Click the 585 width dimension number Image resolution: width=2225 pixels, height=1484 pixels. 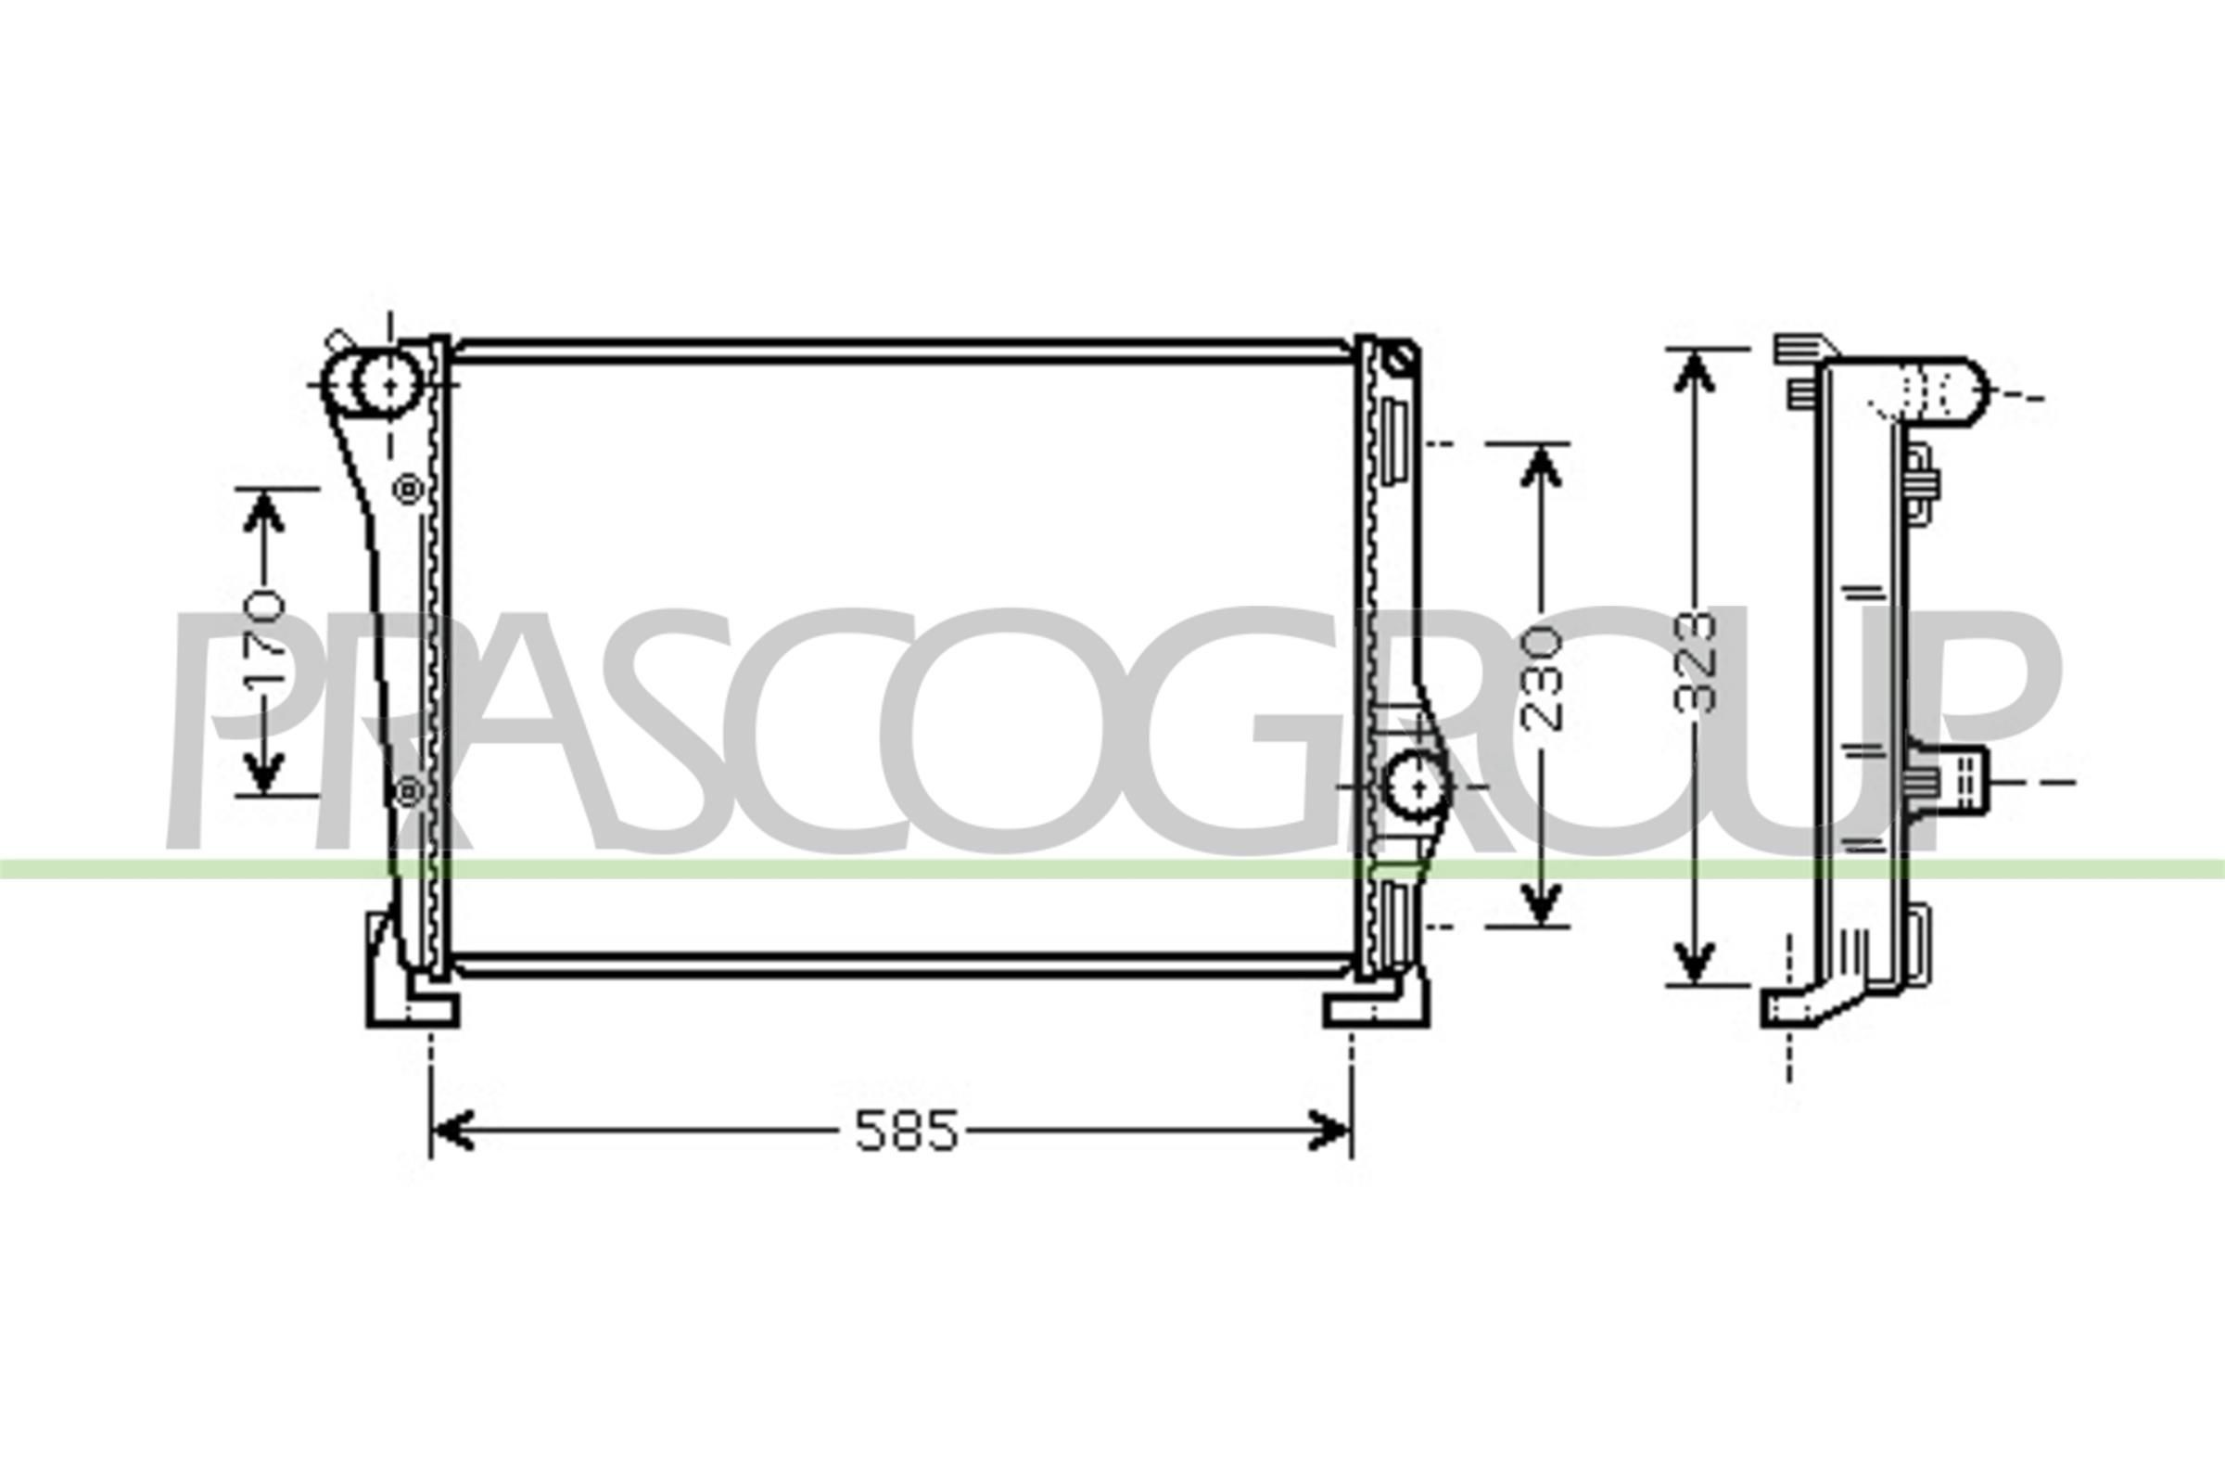(x=907, y=1131)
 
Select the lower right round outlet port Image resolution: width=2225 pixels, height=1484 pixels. (x=1416, y=785)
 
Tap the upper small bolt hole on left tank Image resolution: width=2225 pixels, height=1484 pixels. (x=409, y=490)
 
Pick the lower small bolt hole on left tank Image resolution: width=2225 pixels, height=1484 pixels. (x=409, y=790)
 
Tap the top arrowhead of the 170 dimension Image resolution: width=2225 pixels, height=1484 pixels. (x=265, y=511)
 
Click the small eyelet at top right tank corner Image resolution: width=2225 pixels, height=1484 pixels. (x=1401, y=358)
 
